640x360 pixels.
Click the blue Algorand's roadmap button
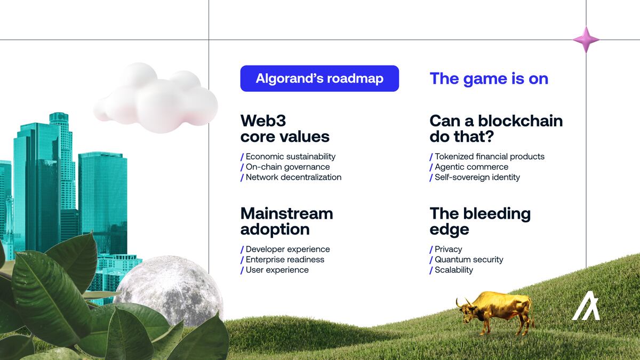pos(319,78)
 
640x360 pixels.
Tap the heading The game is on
pos(489,78)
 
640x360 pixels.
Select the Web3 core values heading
pos(285,129)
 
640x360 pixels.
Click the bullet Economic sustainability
pos(290,157)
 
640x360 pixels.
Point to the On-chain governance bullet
pos(287,167)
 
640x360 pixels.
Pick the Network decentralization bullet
pos(293,177)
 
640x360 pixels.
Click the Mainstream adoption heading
pos(286,221)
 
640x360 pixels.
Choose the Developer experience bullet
pos(287,249)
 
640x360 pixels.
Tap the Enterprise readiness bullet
pos(285,260)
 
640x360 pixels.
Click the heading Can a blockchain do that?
pos(496,129)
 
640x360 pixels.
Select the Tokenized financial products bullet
pos(489,157)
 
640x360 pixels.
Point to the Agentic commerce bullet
pos(471,167)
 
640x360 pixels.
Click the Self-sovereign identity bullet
pos(477,177)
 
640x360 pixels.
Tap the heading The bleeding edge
pos(480,221)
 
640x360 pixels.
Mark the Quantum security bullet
pos(469,260)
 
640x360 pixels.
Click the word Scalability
pos(454,270)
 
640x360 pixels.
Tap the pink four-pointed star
pos(586,39)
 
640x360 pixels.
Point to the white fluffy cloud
pos(156,98)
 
